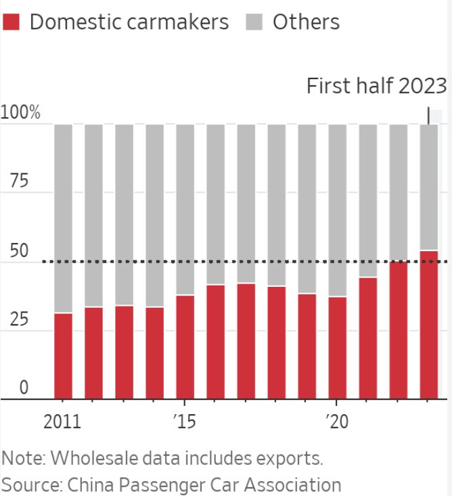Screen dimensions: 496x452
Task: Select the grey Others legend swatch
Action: [254, 22]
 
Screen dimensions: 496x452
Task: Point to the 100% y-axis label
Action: [21, 113]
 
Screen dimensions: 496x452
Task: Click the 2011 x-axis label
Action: [62, 422]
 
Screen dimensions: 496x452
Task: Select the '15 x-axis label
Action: [184, 422]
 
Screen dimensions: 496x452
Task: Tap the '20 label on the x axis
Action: [336, 422]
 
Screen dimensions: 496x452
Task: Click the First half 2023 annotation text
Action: [377, 87]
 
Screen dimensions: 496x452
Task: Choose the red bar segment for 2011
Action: [63, 356]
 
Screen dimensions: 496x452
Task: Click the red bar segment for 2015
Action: [185, 347]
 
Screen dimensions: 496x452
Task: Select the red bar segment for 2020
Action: [337, 348]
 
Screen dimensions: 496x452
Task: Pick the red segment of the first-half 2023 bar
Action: [429, 325]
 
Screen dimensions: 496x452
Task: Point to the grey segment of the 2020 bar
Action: [337, 210]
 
